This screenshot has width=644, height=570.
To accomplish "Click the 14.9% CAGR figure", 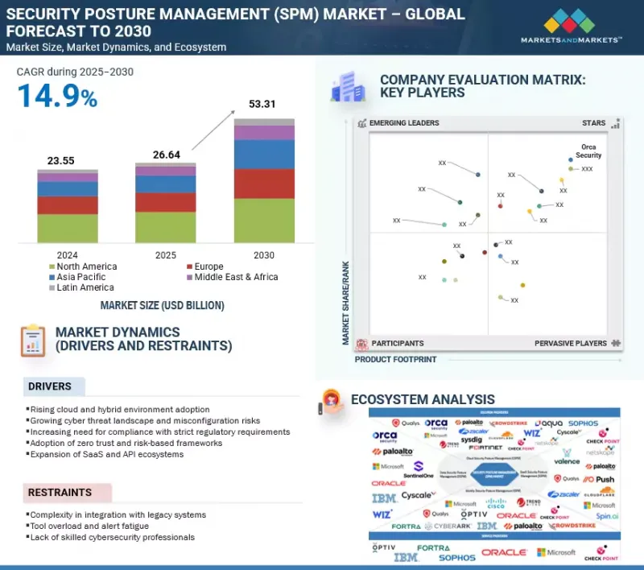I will (57, 97).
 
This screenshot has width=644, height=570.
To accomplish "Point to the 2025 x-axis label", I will (166, 255).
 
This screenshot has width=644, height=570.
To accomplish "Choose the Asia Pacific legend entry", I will (80, 277).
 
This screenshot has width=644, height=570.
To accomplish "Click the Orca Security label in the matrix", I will (588, 151).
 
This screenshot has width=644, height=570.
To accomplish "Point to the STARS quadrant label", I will (593, 123).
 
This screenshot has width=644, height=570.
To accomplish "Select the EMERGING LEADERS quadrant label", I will (403, 123).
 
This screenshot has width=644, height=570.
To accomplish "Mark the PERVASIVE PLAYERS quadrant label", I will (570, 343).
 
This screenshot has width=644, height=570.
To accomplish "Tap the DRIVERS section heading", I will (50, 386).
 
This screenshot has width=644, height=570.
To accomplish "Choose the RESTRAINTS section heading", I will (60, 492).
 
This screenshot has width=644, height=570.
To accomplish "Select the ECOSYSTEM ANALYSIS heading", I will (423, 399).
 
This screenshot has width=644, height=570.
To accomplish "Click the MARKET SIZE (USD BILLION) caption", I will (162, 306).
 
